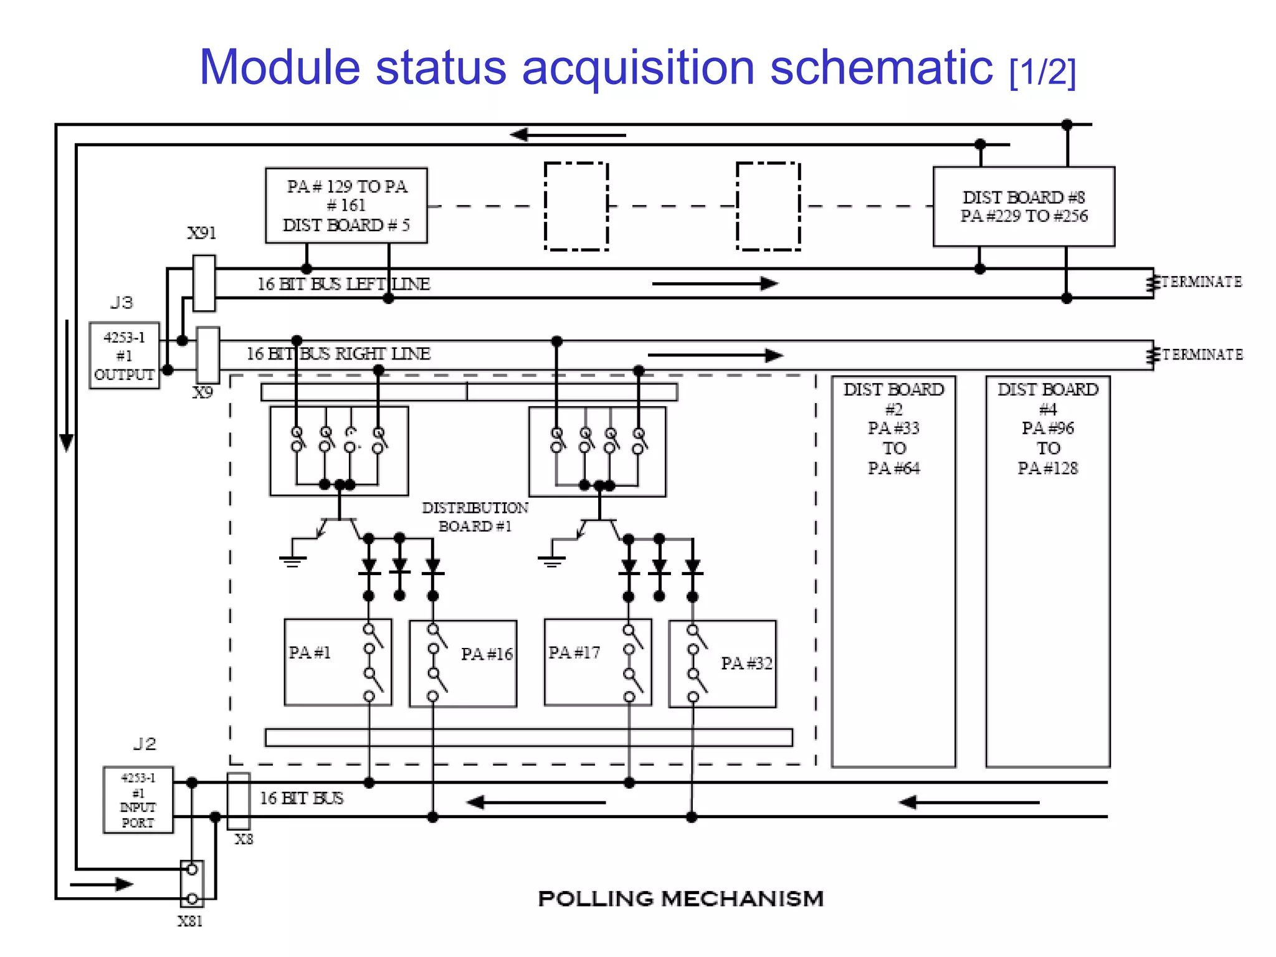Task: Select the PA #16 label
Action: pos(487,654)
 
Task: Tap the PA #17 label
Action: pos(574,653)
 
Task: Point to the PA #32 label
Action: pos(746,664)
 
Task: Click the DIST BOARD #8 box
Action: pos(1024,207)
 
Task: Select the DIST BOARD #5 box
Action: pos(346,206)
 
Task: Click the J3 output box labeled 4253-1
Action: pos(124,356)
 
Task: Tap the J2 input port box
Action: pos(138,800)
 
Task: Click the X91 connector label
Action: pos(202,233)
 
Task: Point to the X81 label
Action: pos(190,921)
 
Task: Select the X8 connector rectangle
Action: pos(239,801)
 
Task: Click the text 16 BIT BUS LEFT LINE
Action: pos(344,284)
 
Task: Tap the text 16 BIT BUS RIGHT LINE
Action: pos(338,354)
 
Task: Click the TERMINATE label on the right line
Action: pos(1202,355)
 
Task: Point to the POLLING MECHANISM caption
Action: pos(680,899)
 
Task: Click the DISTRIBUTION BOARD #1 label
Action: pos(475,517)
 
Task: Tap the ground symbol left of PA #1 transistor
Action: pos(293,560)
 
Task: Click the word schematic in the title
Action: pos(881,67)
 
